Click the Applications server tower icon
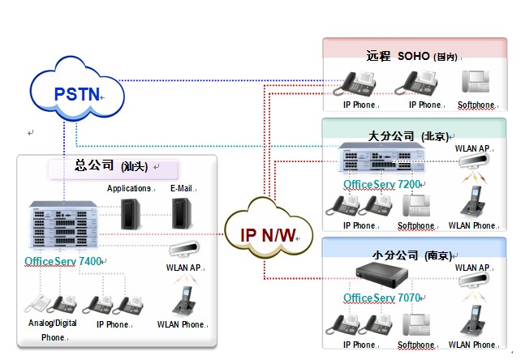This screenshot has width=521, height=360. point(130,213)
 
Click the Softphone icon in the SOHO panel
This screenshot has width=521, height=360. point(476,83)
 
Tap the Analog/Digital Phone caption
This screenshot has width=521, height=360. point(53,330)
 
